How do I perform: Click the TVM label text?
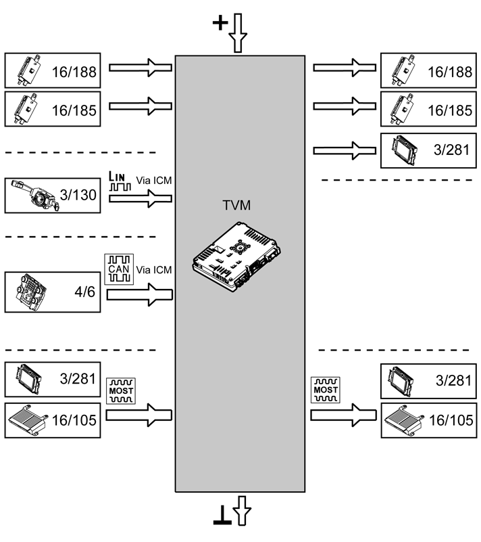coord(236,205)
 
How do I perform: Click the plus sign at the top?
coord(220,23)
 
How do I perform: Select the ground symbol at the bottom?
coord(222,516)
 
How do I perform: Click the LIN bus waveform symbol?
coord(120,181)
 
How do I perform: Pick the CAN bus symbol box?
coord(119,269)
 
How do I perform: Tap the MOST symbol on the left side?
coord(121,391)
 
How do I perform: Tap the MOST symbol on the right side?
coord(326,390)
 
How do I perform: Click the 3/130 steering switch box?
coord(53,196)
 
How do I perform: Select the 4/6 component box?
coord(53,292)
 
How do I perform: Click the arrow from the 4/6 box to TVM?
coord(139,294)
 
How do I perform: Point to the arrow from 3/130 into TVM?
coord(141,198)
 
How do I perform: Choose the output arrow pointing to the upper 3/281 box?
coord(345,151)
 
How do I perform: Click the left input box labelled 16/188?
coord(53,70)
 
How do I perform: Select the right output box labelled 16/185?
coord(428,109)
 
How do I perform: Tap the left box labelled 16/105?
coord(53,420)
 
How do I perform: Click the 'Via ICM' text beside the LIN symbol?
coord(154,181)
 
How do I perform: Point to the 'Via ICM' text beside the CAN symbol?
coord(154,270)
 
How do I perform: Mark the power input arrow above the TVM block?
coord(238,33)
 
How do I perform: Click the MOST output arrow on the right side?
coord(343,415)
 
